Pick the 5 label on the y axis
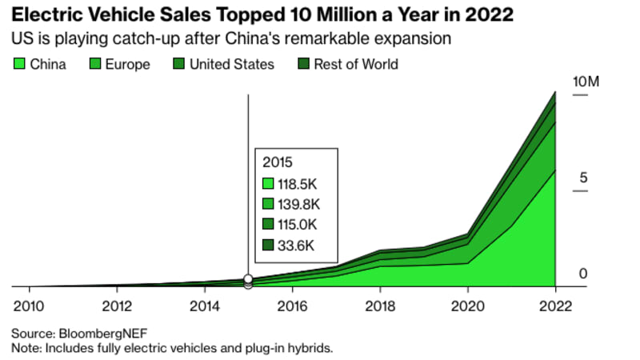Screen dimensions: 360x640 [583, 178]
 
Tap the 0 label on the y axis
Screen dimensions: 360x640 [583, 274]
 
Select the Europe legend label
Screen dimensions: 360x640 [127, 64]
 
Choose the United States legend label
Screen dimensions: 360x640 [231, 64]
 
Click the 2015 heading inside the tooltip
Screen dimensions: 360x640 [278, 162]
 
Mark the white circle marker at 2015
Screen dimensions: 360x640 [248, 279]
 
